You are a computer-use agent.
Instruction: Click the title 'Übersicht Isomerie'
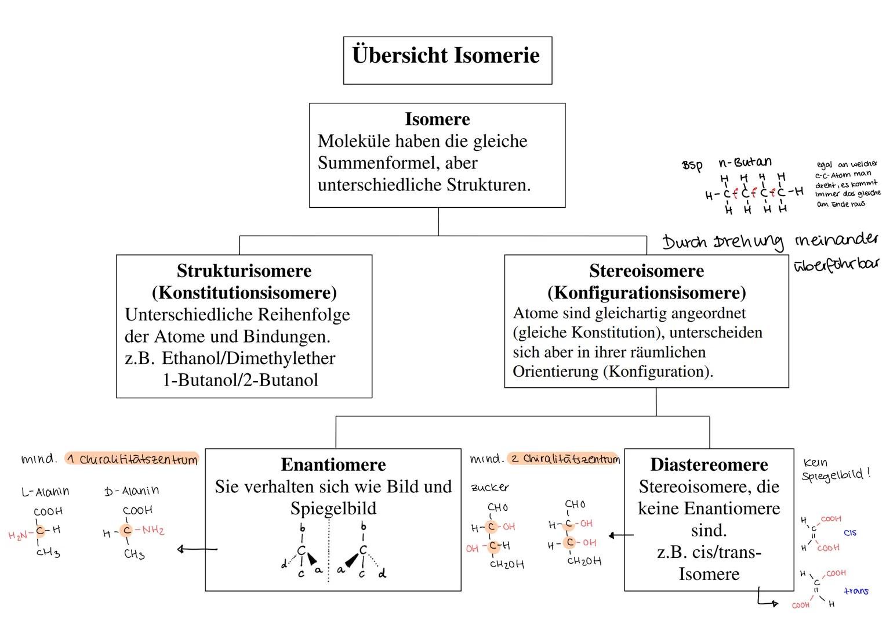pyautogui.click(x=446, y=56)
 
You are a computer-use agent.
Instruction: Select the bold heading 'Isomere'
pyautogui.click(x=437, y=119)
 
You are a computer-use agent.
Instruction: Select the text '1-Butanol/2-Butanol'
pyautogui.click(x=240, y=380)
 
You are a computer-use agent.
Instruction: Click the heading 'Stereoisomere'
pyautogui.click(x=647, y=271)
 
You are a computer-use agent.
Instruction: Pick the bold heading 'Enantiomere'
pyautogui.click(x=333, y=464)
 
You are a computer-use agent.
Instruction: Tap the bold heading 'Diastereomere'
pyautogui.click(x=709, y=464)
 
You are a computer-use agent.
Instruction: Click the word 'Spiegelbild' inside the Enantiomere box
pyautogui.click(x=333, y=509)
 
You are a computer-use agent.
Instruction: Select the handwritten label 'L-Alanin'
pyautogui.click(x=45, y=492)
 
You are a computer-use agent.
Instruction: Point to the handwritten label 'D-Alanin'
pyautogui.click(x=132, y=491)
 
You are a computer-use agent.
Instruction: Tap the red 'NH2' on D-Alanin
pyautogui.click(x=152, y=530)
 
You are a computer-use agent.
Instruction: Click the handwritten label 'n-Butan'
pyautogui.click(x=745, y=163)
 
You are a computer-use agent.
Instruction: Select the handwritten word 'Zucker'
pyautogui.click(x=490, y=487)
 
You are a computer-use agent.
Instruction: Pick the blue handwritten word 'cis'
pyautogui.click(x=850, y=532)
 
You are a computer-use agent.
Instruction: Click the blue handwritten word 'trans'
pyautogui.click(x=856, y=591)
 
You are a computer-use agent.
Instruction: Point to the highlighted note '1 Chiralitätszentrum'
pyautogui.click(x=132, y=459)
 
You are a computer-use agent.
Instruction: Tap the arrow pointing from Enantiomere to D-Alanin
pyautogui.click(x=197, y=549)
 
